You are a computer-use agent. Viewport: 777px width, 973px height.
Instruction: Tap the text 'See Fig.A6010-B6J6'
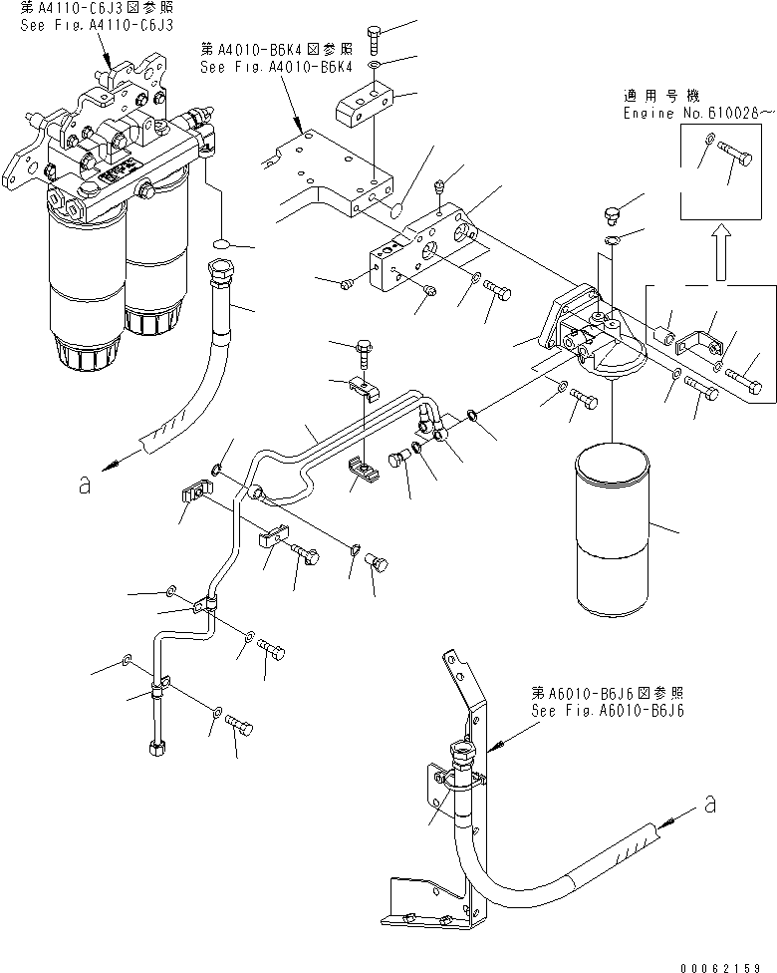pos(607,711)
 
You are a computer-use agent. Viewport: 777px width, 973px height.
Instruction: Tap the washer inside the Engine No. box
pos(706,140)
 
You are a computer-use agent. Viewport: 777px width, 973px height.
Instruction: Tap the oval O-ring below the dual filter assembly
pos(222,242)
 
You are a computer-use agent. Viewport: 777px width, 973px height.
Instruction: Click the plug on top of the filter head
pos(614,214)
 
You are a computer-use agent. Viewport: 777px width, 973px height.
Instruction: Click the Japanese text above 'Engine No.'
pos(661,97)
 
